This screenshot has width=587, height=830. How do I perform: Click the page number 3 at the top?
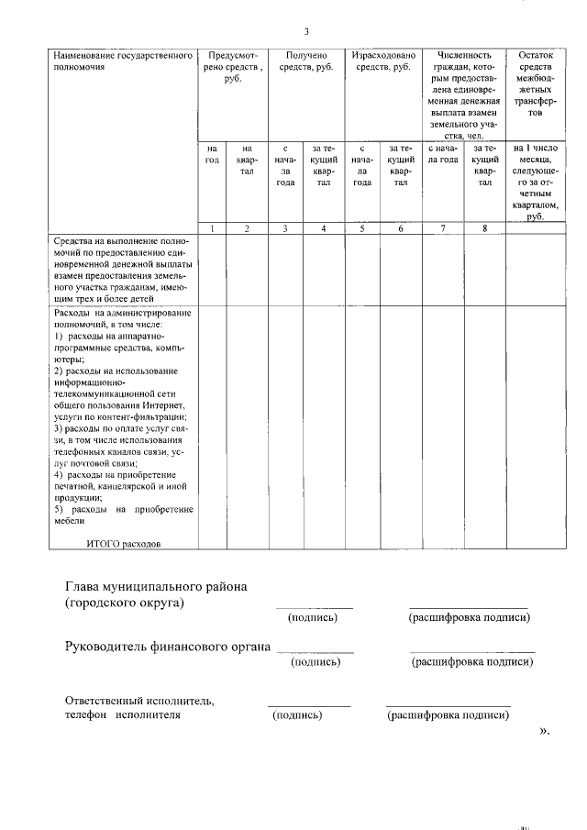(x=307, y=30)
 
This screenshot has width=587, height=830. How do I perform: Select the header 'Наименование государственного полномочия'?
(x=127, y=62)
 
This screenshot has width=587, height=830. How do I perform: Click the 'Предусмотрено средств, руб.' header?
(x=231, y=68)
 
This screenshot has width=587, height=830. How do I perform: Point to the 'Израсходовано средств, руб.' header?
(x=382, y=62)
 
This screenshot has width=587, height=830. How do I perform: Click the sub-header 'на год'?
(x=212, y=154)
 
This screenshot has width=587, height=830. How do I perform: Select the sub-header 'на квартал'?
(x=247, y=160)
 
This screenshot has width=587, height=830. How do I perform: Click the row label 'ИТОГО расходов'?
(x=123, y=543)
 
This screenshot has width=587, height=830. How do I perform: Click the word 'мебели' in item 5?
(x=68, y=521)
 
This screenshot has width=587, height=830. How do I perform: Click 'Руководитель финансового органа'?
(x=168, y=647)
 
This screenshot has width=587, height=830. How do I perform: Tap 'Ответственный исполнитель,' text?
(x=139, y=701)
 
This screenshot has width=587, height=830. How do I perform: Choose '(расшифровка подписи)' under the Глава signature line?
(x=469, y=617)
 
